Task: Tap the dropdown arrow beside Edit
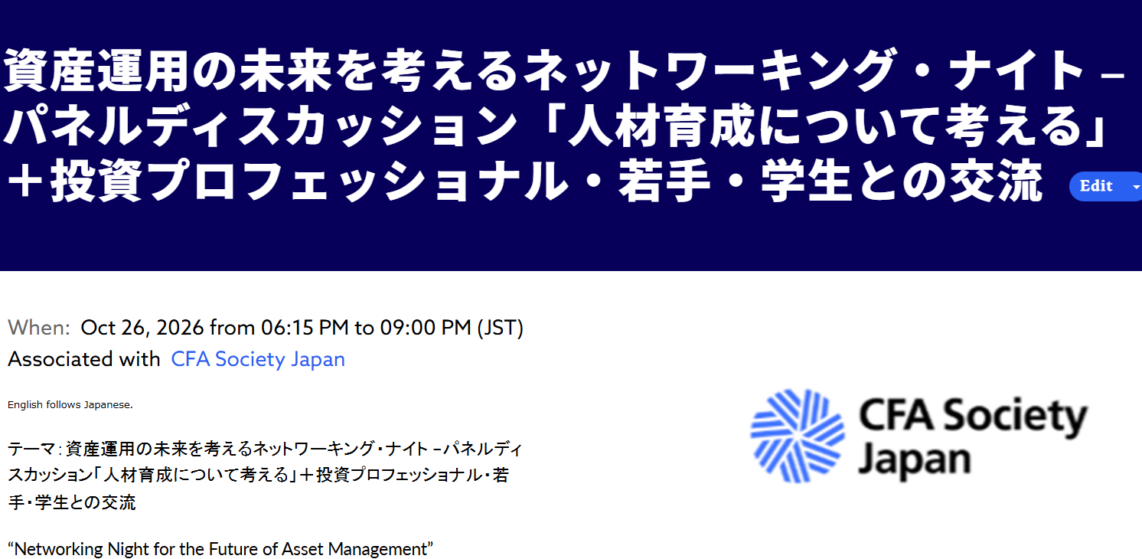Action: click(1136, 187)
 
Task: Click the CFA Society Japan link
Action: click(258, 360)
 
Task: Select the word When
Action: click(39, 328)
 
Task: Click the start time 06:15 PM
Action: click(305, 328)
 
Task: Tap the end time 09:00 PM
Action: click(426, 328)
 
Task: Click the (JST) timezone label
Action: click(500, 328)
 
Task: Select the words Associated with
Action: click(84, 359)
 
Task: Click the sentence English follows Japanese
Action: click(70, 405)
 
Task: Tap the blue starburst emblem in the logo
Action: click(798, 436)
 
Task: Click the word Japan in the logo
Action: click(914, 460)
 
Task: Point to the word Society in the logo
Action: click(1015, 417)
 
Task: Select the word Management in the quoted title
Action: click(377, 549)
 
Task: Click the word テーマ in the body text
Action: click(31, 449)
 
